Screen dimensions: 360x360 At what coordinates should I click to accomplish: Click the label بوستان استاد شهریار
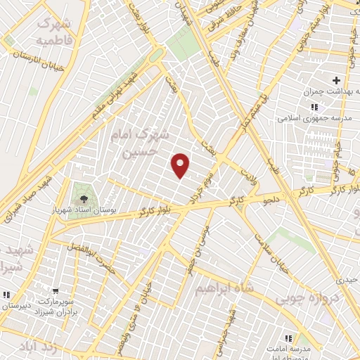coord(83,209)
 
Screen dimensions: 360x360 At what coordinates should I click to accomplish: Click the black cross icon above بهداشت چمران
coord(337,80)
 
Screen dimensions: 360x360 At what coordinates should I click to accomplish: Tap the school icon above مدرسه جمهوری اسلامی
coord(314,107)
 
